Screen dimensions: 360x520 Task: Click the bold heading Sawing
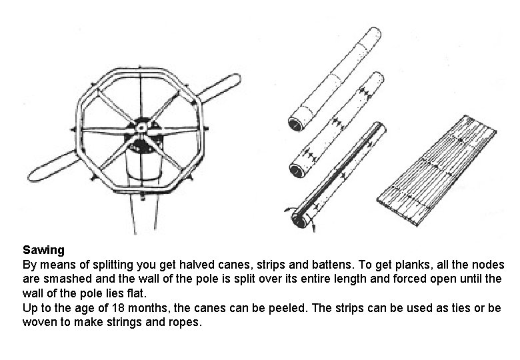pyautogui.click(x=43, y=251)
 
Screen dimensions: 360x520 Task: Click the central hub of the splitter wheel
pyautogui.click(x=142, y=125)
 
